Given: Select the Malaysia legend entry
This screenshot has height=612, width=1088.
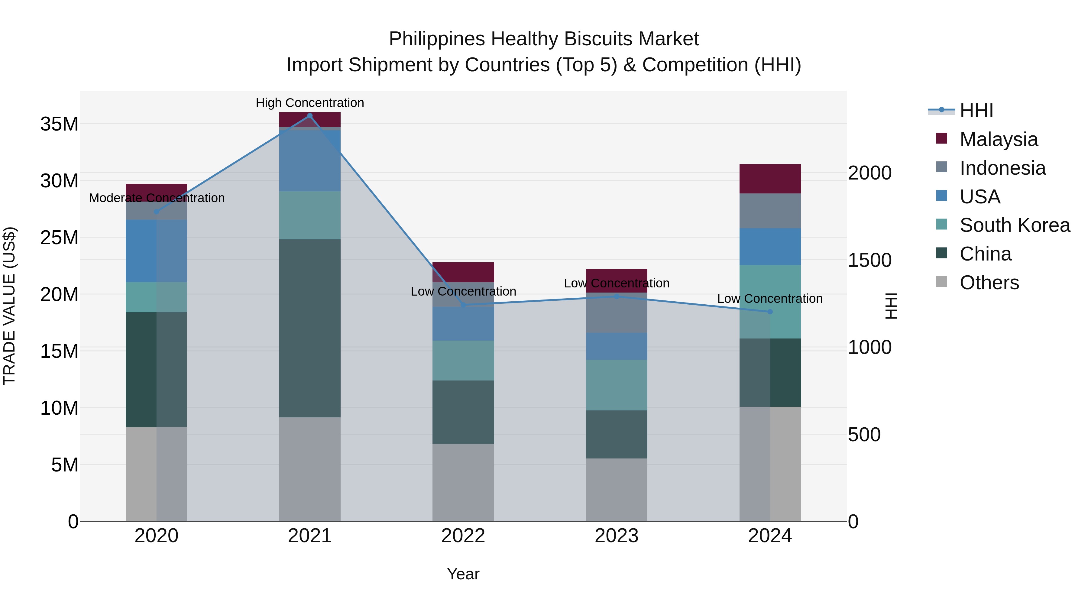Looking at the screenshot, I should tap(998, 139).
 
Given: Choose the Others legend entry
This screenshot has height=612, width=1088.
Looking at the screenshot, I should tap(989, 283).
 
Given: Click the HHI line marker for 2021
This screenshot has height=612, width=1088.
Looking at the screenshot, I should tap(309, 116).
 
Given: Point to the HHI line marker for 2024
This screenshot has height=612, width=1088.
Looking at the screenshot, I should tap(769, 312).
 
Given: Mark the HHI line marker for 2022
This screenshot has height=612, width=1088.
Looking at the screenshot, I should tap(463, 305).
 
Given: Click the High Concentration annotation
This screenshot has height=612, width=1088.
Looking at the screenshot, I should tap(309, 103).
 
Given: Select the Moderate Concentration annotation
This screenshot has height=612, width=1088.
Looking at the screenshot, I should tap(157, 198).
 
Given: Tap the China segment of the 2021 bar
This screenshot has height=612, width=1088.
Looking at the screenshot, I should tap(309, 328).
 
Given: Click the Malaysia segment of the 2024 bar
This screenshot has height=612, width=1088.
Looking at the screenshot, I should tap(769, 179).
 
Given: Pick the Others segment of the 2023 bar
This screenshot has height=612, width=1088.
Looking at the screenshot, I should tap(616, 490).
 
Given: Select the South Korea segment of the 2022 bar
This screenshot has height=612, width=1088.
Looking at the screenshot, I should tap(463, 360).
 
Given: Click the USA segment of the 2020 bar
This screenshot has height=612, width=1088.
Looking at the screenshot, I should tap(156, 251).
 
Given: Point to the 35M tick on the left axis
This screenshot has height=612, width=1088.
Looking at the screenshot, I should tap(59, 124).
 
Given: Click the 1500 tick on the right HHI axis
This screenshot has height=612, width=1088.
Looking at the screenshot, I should tap(869, 260).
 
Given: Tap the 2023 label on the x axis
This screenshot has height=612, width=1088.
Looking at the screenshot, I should tap(616, 536).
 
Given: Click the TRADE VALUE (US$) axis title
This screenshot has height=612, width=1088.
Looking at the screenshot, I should tap(9, 306).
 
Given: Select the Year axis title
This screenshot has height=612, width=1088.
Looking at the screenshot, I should tap(463, 574).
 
